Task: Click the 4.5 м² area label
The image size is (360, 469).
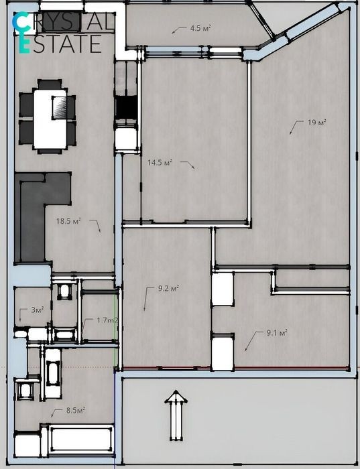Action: tap(200, 28)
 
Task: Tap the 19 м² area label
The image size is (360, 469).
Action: tap(317, 123)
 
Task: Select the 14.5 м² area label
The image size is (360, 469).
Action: tap(160, 162)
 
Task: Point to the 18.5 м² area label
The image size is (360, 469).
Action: tap(68, 221)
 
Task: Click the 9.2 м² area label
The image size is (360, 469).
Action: tap(168, 289)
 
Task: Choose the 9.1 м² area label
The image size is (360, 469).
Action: tap(277, 332)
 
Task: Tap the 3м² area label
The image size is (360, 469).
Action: tap(38, 310)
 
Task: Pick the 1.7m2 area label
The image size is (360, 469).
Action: tap(107, 320)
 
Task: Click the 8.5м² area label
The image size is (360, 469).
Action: tap(75, 410)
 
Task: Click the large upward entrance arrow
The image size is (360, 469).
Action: tap(176, 416)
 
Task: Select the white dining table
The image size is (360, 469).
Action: tap(50, 119)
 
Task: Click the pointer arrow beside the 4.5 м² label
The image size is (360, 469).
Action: tap(179, 30)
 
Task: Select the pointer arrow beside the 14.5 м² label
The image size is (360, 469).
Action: tap(187, 165)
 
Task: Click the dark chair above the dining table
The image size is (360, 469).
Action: tap(50, 84)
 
